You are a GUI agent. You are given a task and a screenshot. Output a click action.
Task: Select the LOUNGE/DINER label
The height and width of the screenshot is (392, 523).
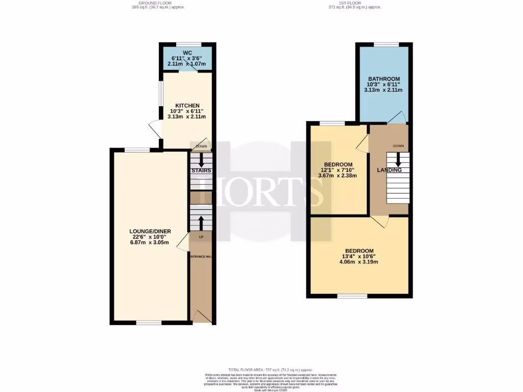(150, 231)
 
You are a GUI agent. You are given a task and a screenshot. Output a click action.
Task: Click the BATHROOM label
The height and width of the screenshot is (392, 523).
(383, 78)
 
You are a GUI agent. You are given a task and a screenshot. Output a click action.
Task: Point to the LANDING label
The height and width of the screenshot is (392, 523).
(389, 170)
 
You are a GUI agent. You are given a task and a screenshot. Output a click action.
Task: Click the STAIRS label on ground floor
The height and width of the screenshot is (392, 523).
(201, 170)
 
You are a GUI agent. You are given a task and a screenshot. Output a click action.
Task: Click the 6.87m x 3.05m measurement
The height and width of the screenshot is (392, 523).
(150, 243)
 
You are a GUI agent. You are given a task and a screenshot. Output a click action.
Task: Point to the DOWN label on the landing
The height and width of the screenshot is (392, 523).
(398, 146)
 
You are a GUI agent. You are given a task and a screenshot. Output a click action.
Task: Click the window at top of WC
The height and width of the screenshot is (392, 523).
(187, 44)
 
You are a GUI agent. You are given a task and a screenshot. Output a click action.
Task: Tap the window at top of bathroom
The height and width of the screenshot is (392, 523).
(383, 44)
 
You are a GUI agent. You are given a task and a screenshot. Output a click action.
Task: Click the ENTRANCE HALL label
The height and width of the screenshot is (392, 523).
(201, 256)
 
